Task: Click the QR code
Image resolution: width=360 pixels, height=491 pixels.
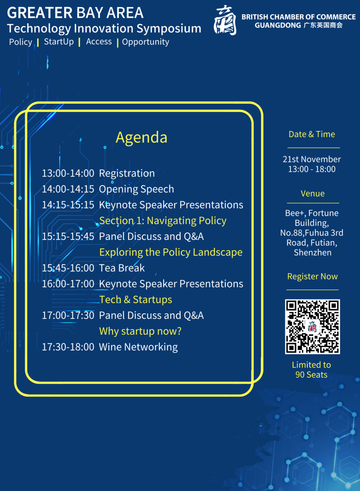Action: [x=312, y=327]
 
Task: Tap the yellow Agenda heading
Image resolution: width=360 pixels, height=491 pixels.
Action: [x=141, y=138]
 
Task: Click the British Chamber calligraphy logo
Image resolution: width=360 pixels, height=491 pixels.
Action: [x=225, y=20]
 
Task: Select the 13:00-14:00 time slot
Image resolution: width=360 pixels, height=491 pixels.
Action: [x=68, y=173]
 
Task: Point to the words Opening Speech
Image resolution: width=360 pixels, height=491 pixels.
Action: [x=136, y=189]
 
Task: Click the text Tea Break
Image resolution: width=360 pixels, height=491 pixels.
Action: [x=122, y=268]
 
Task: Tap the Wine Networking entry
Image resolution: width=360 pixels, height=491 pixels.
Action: [x=138, y=347]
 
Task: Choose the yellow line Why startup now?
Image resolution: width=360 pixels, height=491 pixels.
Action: [x=140, y=331]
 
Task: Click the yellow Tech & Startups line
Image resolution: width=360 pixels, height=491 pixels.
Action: [x=136, y=300]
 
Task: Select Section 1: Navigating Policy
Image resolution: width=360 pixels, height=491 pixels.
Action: [x=162, y=221]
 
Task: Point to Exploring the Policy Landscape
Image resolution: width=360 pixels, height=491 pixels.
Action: [x=171, y=252]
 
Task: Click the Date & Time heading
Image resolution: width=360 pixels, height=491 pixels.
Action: [x=312, y=134]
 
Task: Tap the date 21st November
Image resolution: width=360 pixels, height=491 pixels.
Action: [x=312, y=159]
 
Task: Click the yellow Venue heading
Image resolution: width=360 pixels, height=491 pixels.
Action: [x=312, y=194]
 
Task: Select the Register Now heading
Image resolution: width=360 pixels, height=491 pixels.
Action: [x=312, y=276]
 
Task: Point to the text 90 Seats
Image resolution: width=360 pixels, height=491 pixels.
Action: [x=311, y=375]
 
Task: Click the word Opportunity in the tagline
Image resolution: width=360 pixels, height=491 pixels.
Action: [x=145, y=42]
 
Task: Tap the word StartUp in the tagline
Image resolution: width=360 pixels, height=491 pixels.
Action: [x=59, y=42]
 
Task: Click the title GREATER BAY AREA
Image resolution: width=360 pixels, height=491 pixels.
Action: [x=75, y=13]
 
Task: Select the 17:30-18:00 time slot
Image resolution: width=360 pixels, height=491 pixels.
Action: [x=68, y=347]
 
